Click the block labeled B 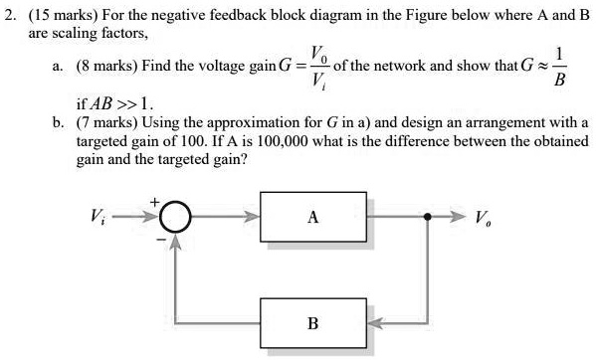click(x=313, y=323)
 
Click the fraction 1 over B click(x=563, y=67)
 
